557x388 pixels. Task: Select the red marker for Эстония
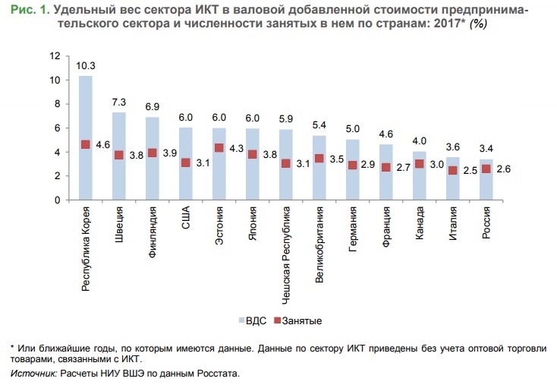219,147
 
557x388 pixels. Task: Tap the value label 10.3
86,68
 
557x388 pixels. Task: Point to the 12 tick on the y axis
54,55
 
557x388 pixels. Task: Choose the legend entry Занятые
297,320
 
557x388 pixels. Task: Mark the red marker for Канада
420,164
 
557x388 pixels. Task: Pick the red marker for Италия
453,170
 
